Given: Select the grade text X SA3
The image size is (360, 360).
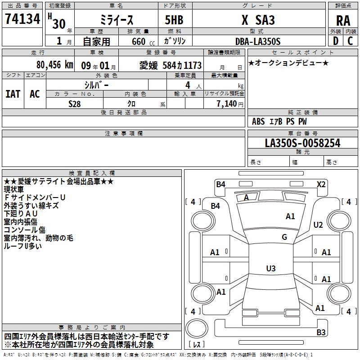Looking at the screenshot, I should pyautogui.click(x=258, y=20).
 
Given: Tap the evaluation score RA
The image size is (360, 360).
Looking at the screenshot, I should pyautogui.click(x=343, y=21).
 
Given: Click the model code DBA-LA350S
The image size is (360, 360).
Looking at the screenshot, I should pyautogui.click(x=257, y=41).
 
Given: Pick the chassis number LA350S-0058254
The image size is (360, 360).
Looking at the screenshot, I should pyautogui.click(x=302, y=144).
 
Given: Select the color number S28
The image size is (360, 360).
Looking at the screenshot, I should pyautogui.click(x=75, y=103).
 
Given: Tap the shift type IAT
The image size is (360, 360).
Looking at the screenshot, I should pyautogui.click(x=13, y=94).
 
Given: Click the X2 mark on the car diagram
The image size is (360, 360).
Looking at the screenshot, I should pyautogui.click(x=321, y=184).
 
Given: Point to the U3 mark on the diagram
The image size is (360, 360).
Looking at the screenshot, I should pyautogui.click(x=270, y=269).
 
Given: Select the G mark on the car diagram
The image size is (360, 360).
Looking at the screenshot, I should pyautogui.click(x=284, y=237).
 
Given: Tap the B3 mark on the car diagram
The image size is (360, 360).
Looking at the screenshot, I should pyautogui.click(x=321, y=333).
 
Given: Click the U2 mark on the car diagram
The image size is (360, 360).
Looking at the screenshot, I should pyautogui.click(x=318, y=225).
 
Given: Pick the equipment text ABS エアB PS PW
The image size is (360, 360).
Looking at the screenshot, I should pyautogui.click(x=279, y=121).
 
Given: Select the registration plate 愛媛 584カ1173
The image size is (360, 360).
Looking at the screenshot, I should pyautogui.click(x=170, y=65).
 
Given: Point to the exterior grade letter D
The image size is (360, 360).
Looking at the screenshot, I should pyautogui.click(x=335, y=41).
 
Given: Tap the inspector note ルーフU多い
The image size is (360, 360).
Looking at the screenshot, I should pyautogui.click(x=23, y=246).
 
